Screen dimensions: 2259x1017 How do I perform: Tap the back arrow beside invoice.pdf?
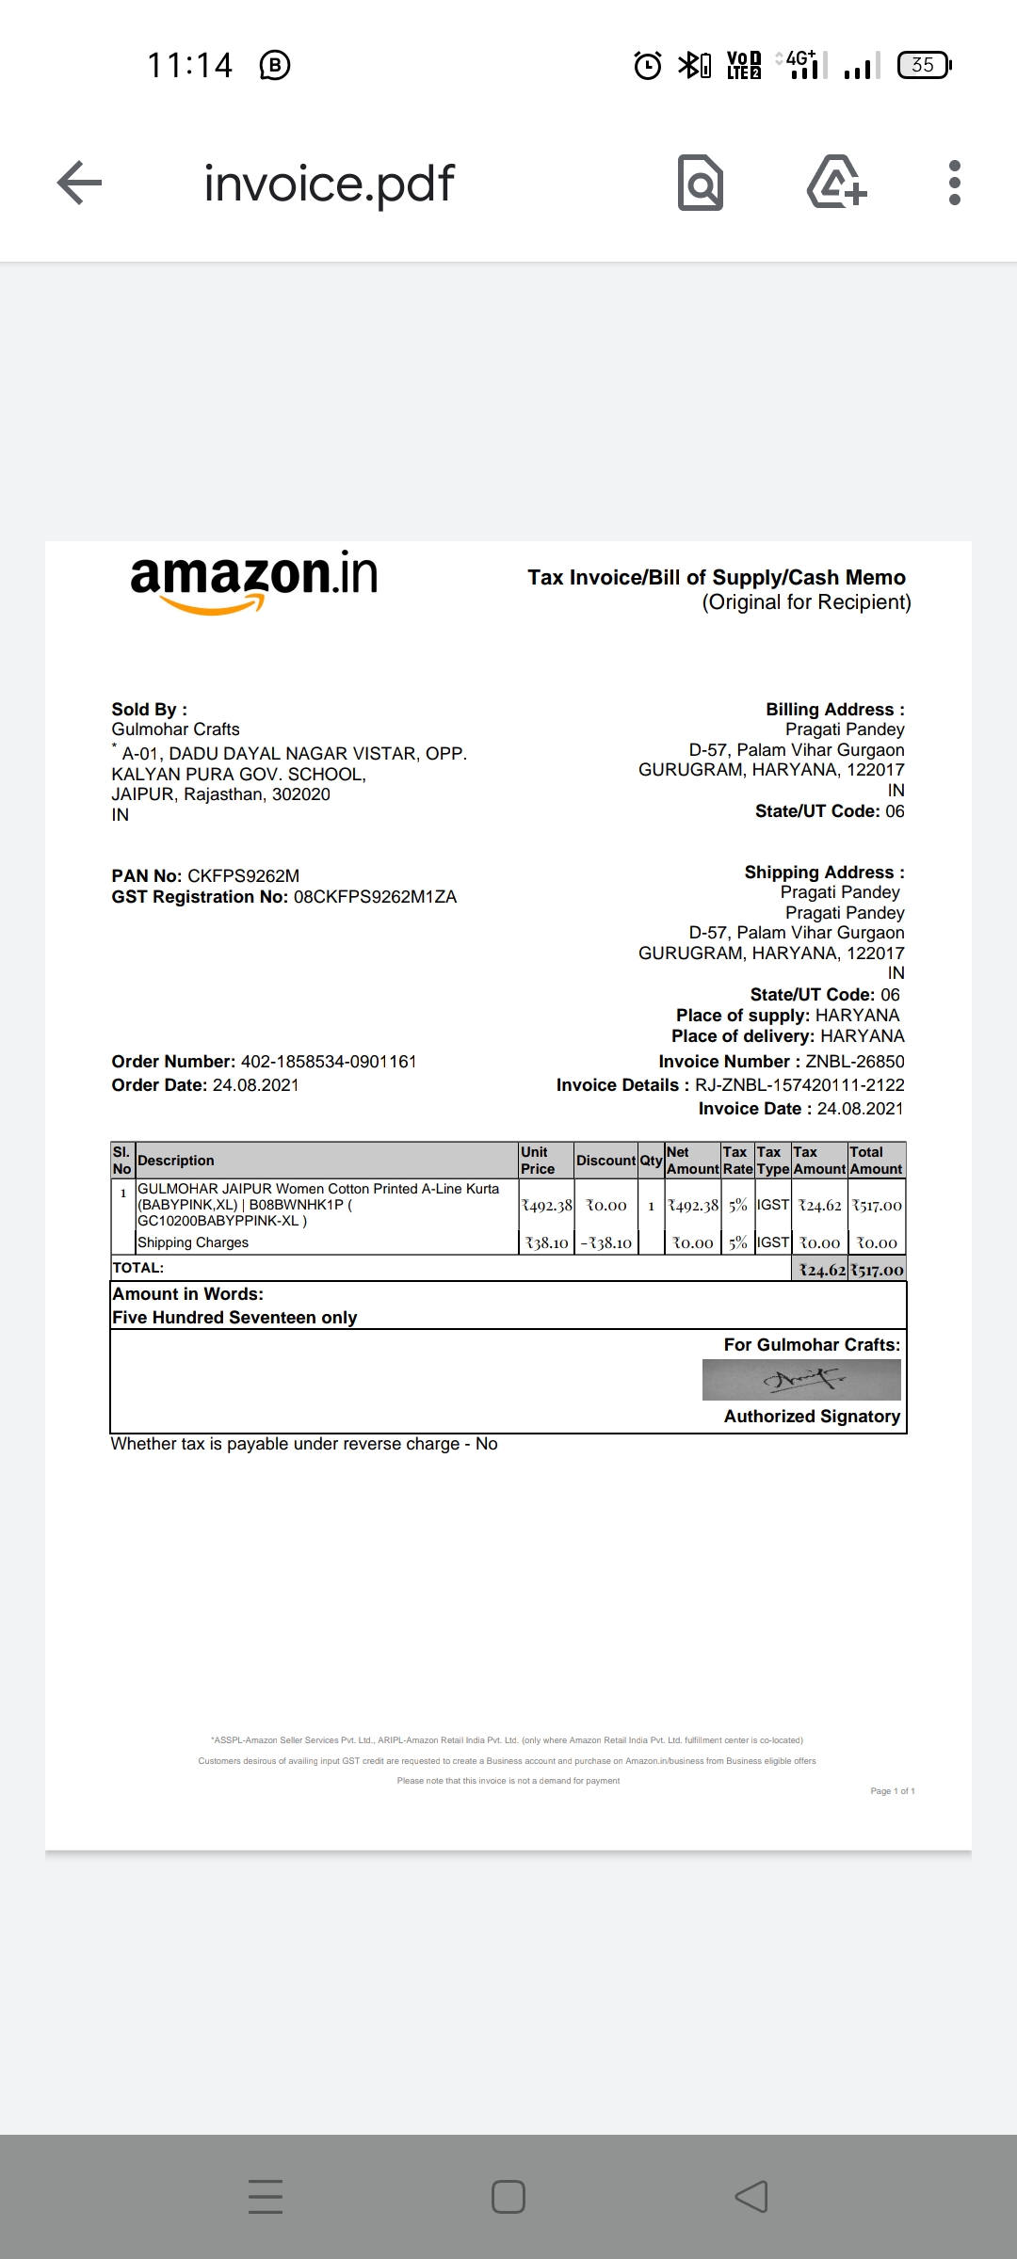pos(79,183)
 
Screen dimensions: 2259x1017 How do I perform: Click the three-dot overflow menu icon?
pos(954,183)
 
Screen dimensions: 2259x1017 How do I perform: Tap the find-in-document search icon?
pos(701,183)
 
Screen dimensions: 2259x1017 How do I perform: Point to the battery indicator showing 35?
pos(924,65)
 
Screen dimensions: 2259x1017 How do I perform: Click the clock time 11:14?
pos(189,65)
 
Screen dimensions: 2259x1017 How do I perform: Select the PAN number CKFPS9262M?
pos(243,876)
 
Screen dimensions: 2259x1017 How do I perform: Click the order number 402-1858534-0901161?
pos(329,1062)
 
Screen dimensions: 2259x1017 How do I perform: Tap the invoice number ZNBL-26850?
pos(854,1062)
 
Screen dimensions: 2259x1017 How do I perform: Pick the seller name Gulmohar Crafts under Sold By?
pos(175,729)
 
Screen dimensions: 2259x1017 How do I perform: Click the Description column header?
pos(176,1161)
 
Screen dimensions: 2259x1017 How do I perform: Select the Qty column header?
pos(651,1161)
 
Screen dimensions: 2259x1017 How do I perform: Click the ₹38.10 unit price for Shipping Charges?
pos(546,1243)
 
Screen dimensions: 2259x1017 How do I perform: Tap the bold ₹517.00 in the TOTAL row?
pos(877,1271)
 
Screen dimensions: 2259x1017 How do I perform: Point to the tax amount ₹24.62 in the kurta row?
pos(819,1206)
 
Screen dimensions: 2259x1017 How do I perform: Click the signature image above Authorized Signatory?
pos(801,1380)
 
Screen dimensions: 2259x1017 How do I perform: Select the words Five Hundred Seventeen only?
pos(234,1318)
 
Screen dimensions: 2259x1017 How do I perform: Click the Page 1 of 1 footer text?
pos(892,1791)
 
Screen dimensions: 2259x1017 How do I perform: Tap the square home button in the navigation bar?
pos(508,2197)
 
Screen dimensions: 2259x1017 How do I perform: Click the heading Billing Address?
pos(834,710)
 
